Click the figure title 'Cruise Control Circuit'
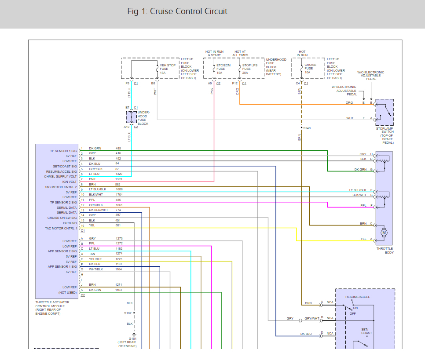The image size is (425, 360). click(189, 11)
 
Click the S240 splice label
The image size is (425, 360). click(307, 128)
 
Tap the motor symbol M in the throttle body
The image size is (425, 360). click(384, 233)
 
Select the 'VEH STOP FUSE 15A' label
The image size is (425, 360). click(168, 69)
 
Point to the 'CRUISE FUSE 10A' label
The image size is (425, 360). click(310, 69)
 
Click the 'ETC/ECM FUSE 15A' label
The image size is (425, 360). click(223, 69)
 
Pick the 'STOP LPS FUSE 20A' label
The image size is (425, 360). click(249, 69)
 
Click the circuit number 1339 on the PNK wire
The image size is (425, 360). click(119, 179)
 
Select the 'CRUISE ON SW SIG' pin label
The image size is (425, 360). click(62, 218)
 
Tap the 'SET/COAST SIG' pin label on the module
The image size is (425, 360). click(65, 166)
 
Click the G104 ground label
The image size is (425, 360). click(132, 338)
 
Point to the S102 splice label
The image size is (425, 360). click(128, 313)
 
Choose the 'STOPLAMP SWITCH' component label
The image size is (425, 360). click(385, 130)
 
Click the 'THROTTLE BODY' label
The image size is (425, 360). click(385, 251)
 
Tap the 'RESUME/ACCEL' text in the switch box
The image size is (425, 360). click(358, 297)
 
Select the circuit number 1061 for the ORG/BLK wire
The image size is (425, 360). click(119, 205)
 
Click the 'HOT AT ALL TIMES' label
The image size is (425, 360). click(240, 53)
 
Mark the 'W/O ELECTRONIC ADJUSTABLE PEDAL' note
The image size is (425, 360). click(371, 76)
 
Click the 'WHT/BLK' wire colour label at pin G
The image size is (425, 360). click(96, 269)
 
